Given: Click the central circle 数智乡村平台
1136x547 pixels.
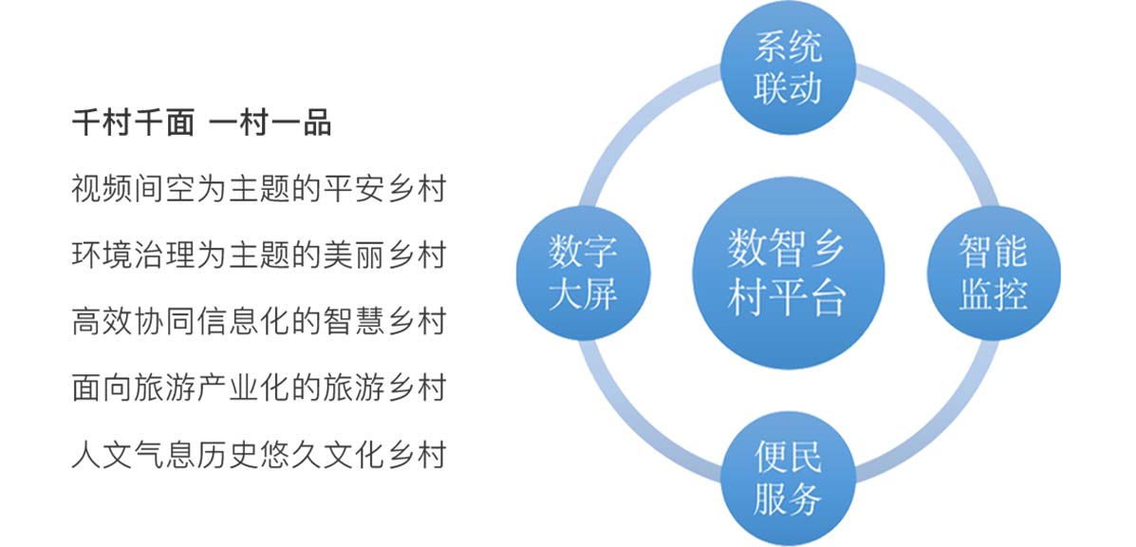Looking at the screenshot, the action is click(x=789, y=273).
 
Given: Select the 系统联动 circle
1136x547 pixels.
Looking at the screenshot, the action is click(x=789, y=67).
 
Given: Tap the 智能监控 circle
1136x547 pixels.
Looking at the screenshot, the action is click(x=994, y=273).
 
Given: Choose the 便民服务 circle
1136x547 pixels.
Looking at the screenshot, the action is click(x=789, y=479).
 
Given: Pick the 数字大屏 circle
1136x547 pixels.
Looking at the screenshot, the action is click(x=584, y=273).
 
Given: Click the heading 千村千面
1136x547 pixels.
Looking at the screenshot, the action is click(x=133, y=124).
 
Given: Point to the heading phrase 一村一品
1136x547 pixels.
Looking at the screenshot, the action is click(x=270, y=124).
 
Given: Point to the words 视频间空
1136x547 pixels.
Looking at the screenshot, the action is click(x=133, y=190).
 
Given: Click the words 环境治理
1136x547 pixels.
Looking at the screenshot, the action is click(x=133, y=255).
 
